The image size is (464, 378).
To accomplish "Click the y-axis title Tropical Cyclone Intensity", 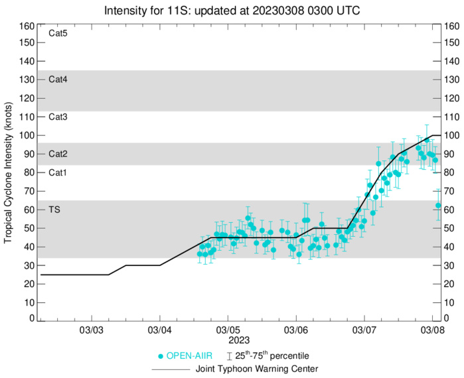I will (9, 172).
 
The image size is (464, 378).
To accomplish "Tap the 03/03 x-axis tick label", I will (91, 330).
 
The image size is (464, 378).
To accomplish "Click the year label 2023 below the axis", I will (228, 340).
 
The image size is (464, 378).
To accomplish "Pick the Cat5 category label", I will (58, 32).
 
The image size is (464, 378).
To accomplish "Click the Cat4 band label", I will (58, 80).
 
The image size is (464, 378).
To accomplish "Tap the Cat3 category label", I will (58, 117).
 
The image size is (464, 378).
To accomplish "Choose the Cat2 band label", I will (58, 154).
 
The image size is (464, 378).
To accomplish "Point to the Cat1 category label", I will (58, 172).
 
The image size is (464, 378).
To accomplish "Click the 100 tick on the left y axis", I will (27, 135).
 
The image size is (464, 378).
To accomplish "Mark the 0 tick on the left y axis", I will (31, 319).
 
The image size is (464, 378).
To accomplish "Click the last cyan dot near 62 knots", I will (438, 206).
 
